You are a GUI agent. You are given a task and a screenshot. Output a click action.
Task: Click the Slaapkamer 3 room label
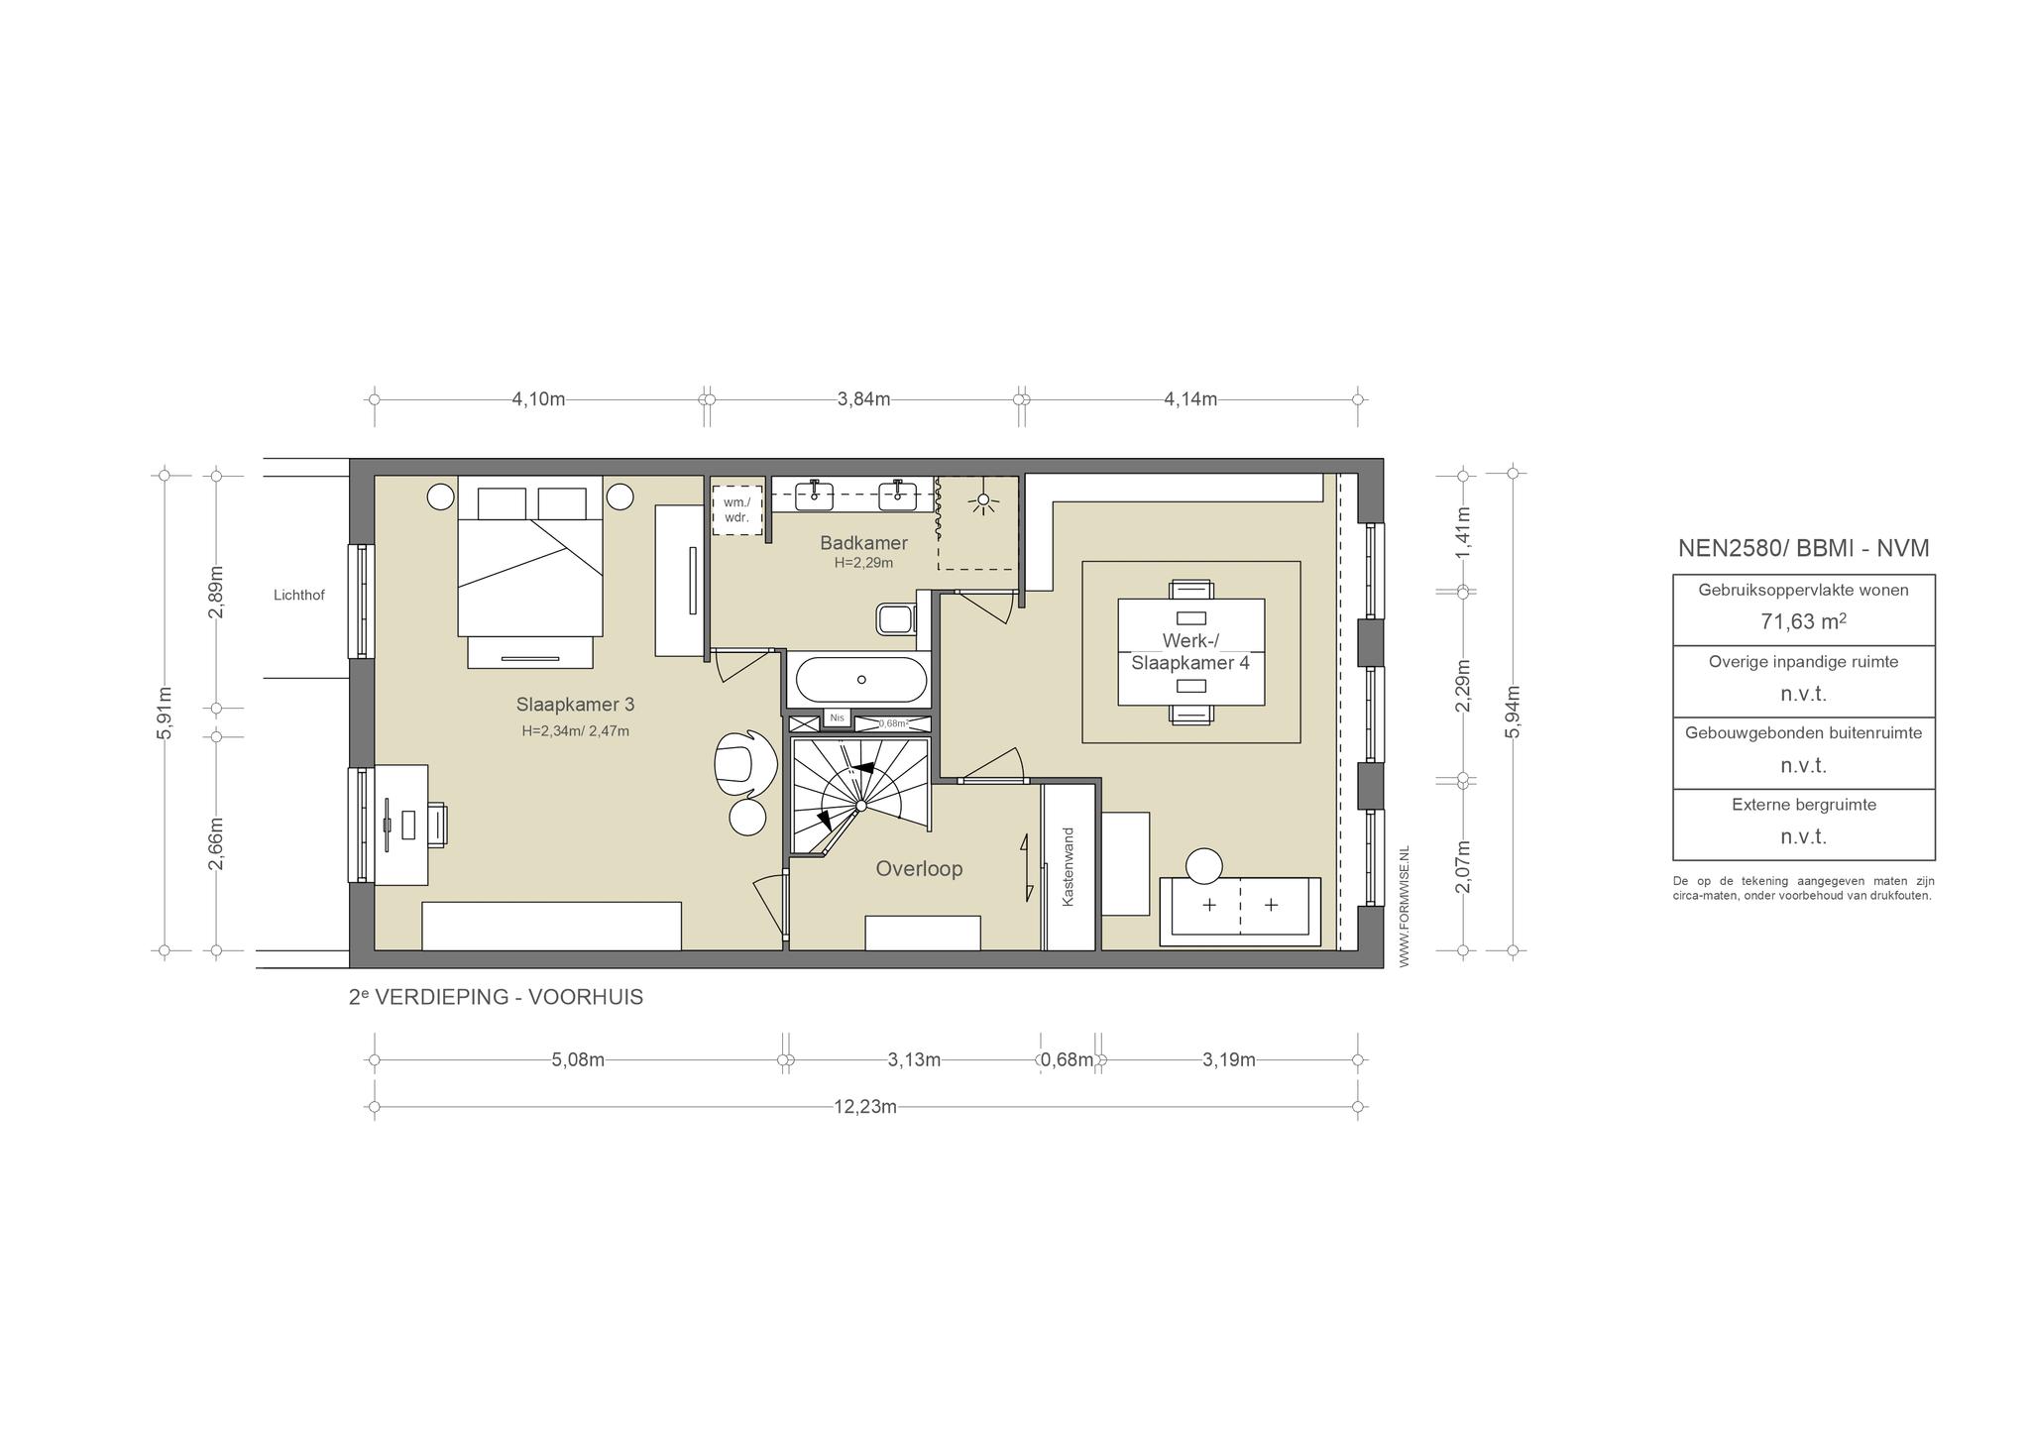tap(575, 705)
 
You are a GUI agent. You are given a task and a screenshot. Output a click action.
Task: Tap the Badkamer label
tap(863, 543)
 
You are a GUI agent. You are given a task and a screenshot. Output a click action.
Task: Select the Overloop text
tap(919, 869)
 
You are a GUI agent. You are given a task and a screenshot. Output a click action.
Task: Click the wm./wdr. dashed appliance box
tap(736, 509)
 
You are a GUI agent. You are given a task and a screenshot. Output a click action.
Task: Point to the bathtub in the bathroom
tap(861, 680)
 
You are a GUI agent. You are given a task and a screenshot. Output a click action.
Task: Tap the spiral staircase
tap(860, 797)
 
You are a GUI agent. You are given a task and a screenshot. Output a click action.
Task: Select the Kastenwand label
tap(1069, 867)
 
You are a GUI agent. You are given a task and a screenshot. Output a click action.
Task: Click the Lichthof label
tap(299, 596)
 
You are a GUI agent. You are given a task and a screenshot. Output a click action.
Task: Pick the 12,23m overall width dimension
tap(865, 1107)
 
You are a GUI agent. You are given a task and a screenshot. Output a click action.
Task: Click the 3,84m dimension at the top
tap(863, 399)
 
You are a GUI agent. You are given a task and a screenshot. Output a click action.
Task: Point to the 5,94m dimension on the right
tap(1513, 713)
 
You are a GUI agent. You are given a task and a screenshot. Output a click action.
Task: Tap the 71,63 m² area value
tap(1803, 621)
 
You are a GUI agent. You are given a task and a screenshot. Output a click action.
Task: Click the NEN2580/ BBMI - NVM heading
tap(1803, 548)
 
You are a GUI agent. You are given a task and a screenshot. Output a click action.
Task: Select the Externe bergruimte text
tap(1804, 805)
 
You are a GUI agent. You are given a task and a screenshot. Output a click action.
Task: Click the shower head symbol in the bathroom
tap(983, 500)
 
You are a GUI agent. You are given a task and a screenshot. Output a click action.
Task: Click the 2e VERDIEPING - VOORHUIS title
tap(496, 997)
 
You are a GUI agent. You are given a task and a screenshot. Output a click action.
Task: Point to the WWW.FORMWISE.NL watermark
tap(1404, 907)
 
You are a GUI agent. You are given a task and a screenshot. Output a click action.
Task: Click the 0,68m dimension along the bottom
tap(1068, 1060)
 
